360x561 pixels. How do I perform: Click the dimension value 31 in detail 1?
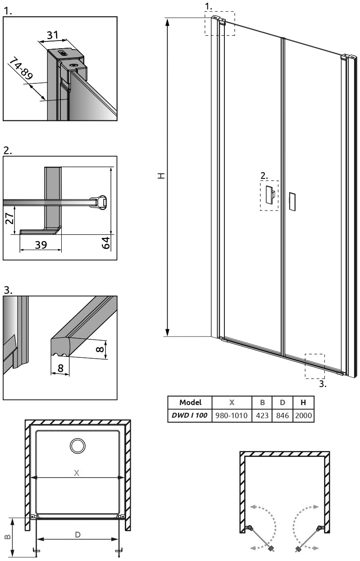click(x=52, y=35)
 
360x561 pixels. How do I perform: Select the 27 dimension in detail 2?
click(x=9, y=219)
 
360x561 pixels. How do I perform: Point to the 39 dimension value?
click(x=41, y=245)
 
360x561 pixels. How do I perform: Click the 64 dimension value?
click(x=106, y=243)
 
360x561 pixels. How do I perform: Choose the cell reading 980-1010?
click(x=232, y=415)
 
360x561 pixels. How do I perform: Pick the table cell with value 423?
click(x=262, y=415)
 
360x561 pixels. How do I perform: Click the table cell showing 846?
click(x=283, y=415)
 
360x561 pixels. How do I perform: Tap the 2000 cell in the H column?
click(x=303, y=415)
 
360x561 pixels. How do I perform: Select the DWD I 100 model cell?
click(x=190, y=415)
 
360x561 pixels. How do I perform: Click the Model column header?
click(x=190, y=402)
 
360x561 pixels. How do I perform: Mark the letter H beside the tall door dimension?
click(x=161, y=176)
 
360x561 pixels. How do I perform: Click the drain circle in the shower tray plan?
click(x=77, y=446)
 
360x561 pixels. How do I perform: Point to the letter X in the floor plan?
click(x=77, y=473)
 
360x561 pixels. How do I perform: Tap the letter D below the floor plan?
click(x=77, y=535)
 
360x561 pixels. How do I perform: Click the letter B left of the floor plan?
click(x=8, y=537)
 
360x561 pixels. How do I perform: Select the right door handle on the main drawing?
click(x=292, y=201)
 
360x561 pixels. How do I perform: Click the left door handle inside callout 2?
click(x=269, y=195)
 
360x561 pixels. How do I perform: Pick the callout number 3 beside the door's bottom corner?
click(x=323, y=383)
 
